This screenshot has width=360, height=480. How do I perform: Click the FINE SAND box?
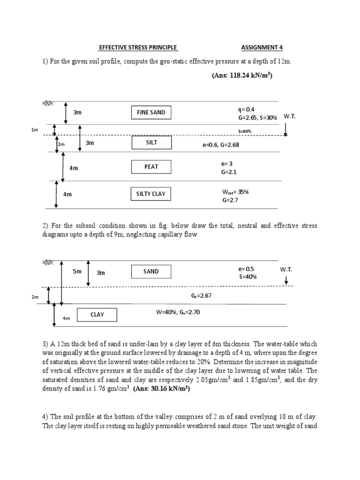(x=151, y=112)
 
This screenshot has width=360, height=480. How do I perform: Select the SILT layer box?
(x=151, y=142)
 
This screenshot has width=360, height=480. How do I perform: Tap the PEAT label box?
(x=151, y=166)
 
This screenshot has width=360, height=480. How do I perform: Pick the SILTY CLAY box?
(x=151, y=194)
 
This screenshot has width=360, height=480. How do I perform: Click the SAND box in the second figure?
(x=151, y=271)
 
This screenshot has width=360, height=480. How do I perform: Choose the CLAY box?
(x=97, y=315)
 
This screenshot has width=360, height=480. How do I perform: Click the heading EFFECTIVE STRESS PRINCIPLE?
(x=138, y=47)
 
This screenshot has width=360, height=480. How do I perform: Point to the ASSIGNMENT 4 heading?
(x=262, y=47)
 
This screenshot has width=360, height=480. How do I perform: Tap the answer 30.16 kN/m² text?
(x=161, y=389)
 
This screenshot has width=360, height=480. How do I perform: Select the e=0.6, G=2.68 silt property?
(x=221, y=145)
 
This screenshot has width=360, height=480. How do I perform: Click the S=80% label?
(x=245, y=131)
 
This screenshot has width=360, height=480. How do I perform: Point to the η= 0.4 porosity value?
(x=246, y=109)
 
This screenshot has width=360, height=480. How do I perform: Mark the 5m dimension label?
(x=77, y=271)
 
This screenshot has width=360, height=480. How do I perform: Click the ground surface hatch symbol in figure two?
(x=48, y=262)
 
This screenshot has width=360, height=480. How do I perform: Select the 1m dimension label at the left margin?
(x=35, y=129)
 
